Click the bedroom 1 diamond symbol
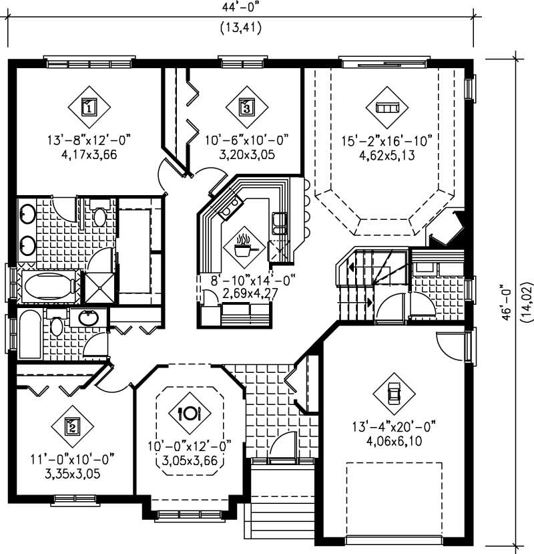point(88,106)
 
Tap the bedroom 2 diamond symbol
point(71,426)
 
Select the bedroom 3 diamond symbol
point(246,106)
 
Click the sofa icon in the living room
point(387,107)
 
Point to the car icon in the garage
point(393,392)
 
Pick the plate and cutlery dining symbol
point(189,412)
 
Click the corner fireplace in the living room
point(446,229)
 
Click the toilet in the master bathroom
point(99,215)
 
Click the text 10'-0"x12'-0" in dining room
point(189,446)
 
